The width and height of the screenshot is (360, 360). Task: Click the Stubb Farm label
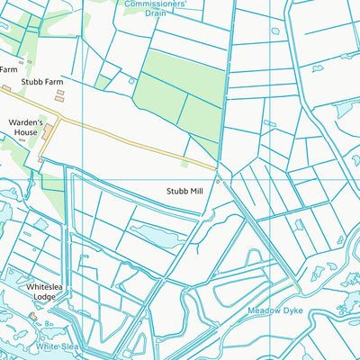click(41, 82)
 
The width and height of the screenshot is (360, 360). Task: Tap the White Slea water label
click(58, 346)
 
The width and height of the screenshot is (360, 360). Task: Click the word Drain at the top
click(156, 13)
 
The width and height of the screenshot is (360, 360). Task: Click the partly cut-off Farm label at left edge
click(8, 68)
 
